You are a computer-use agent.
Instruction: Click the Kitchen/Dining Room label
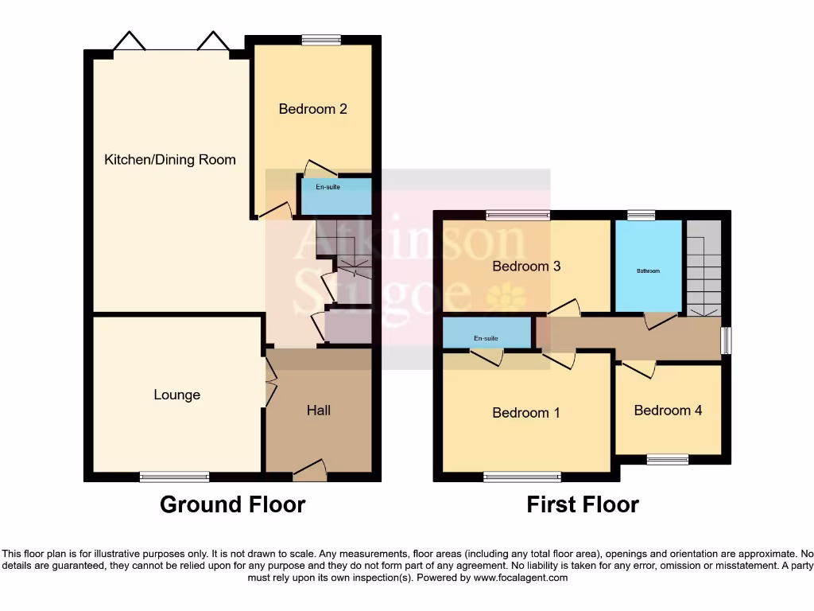pyautogui.click(x=170, y=160)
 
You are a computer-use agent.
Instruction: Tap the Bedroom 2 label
pyautogui.click(x=312, y=109)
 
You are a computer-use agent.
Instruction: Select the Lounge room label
pyautogui.click(x=176, y=395)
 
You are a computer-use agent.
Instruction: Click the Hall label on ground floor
pyautogui.click(x=319, y=411)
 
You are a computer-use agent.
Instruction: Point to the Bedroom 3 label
pyautogui.click(x=526, y=267)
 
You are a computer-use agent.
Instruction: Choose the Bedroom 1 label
pyautogui.click(x=526, y=413)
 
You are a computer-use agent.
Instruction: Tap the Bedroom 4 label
pyautogui.click(x=668, y=411)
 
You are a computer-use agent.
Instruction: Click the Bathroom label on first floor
pyautogui.click(x=648, y=271)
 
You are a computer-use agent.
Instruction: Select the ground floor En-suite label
pyautogui.click(x=328, y=188)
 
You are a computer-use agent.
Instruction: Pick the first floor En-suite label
pyautogui.click(x=486, y=339)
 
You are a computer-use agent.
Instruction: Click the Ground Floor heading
pyautogui.click(x=232, y=504)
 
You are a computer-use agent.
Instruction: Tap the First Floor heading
pyautogui.click(x=583, y=504)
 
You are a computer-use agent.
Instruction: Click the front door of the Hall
pyautogui.click(x=310, y=474)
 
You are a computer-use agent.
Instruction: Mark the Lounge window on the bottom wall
pyautogui.click(x=174, y=477)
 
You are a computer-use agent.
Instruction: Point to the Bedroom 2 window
pyautogui.click(x=320, y=40)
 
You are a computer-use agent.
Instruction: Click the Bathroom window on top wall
pyautogui.click(x=641, y=215)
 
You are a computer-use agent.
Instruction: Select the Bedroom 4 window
pyautogui.click(x=667, y=459)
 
